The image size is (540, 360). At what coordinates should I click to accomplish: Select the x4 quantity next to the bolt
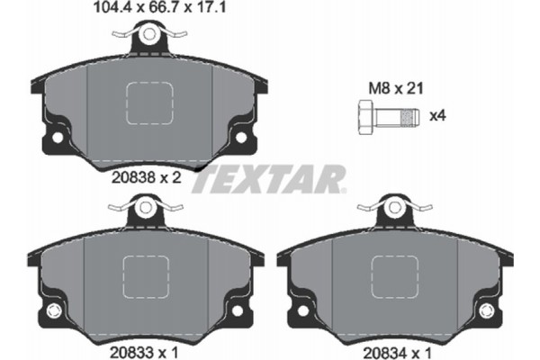439,115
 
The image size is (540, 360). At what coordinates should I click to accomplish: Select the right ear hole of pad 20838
240,139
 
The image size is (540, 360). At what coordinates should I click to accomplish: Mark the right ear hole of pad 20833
236,310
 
